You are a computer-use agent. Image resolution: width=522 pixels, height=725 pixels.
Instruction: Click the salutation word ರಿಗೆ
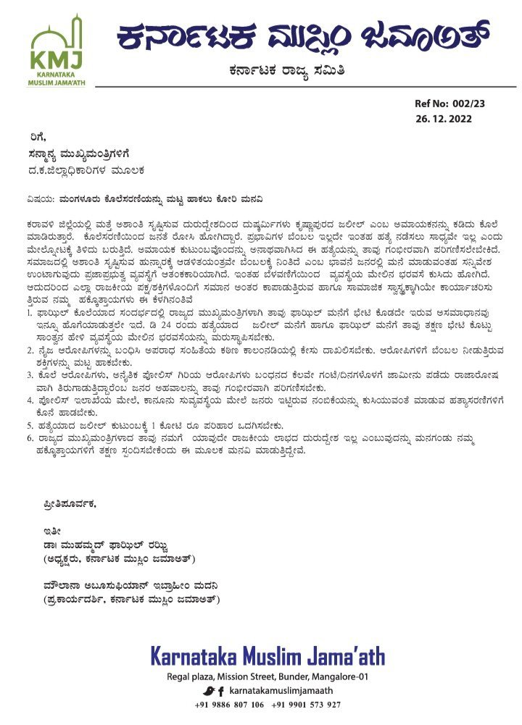(31, 135)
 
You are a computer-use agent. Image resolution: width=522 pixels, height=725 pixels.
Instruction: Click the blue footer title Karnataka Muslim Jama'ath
(268, 657)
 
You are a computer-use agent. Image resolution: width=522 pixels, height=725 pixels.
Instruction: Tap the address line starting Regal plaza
(268, 676)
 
